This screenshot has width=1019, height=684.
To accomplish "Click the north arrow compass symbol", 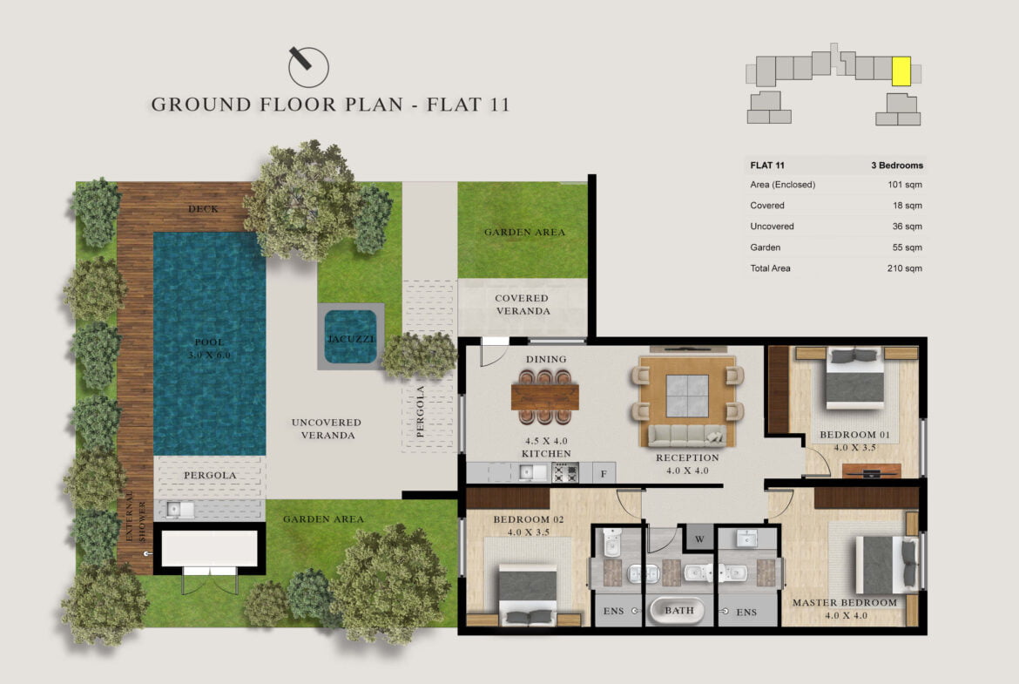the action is pyautogui.click(x=308, y=66).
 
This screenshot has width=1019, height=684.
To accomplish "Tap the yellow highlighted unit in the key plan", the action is pyautogui.click(x=901, y=71).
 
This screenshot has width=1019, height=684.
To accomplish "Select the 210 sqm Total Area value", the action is pyautogui.click(x=904, y=268).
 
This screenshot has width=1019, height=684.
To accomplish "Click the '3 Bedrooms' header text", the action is pyautogui.click(x=897, y=166).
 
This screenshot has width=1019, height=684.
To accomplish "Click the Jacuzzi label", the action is pyautogui.click(x=351, y=339).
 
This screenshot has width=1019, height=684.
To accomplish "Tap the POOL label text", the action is pyautogui.click(x=209, y=342).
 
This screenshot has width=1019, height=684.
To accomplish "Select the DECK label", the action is pyautogui.click(x=203, y=209).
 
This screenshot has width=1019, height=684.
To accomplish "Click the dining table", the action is pyautogui.click(x=544, y=396).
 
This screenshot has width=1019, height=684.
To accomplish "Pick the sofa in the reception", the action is pyautogui.click(x=687, y=435).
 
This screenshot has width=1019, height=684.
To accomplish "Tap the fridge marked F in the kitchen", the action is pyautogui.click(x=604, y=473).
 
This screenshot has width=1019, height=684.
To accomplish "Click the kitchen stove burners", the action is pyautogui.click(x=564, y=472).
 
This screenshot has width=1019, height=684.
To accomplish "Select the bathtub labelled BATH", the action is pyautogui.click(x=678, y=611).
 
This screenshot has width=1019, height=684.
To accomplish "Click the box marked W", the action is pyautogui.click(x=699, y=538).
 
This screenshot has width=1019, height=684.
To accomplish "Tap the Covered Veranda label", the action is pyautogui.click(x=523, y=304).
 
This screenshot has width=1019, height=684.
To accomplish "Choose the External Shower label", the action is pyautogui.click(x=135, y=516).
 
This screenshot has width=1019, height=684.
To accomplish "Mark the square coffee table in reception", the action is pyautogui.click(x=687, y=396).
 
